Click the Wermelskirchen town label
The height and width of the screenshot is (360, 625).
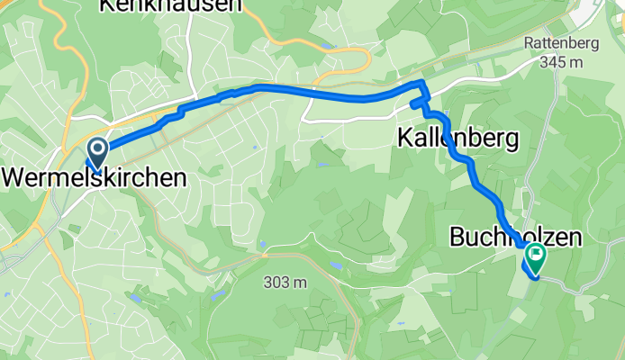[x=95, y=177]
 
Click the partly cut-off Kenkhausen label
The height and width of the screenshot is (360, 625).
[x=170, y=5]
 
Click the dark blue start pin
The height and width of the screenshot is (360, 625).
[x=96, y=150]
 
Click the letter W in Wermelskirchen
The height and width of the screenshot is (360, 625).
[x=15, y=177]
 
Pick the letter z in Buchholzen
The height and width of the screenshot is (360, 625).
[x=544, y=238]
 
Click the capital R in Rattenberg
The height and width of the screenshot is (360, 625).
[x=529, y=42]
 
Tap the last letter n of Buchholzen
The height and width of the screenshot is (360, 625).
[x=574, y=238]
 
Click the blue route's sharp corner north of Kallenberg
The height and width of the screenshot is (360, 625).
[x=421, y=84]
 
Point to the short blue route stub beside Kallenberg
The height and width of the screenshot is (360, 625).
[x=415, y=105]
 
